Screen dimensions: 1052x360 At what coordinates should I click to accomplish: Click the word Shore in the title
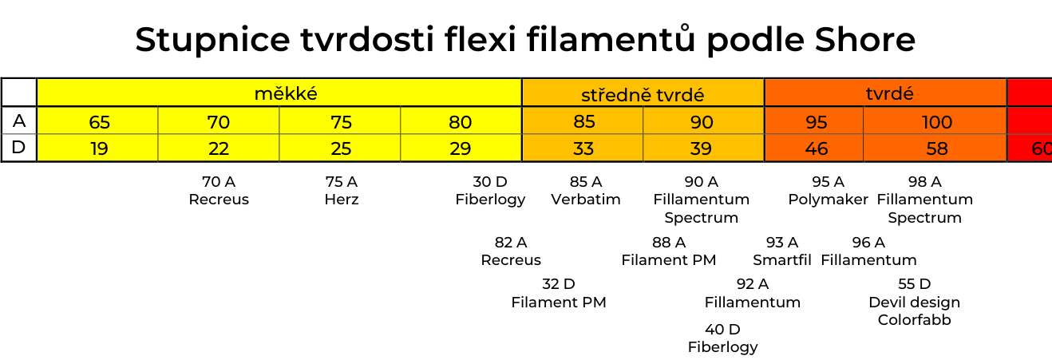pyautogui.click(x=864, y=39)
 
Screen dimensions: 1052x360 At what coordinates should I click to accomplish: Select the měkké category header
pyautogui.click(x=279, y=93)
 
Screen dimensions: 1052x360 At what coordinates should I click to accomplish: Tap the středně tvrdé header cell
pyautogui.click(x=643, y=93)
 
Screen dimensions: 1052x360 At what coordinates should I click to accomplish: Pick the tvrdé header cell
pyautogui.click(x=886, y=93)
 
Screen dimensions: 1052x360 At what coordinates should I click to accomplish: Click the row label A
pyautogui.click(x=19, y=121)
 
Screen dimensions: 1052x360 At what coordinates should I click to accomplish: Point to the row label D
pyautogui.click(x=19, y=148)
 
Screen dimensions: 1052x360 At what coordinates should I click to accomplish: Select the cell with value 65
pyautogui.click(x=97, y=121)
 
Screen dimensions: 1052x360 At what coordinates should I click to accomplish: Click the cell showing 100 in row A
pyautogui.click(x=935, y=121)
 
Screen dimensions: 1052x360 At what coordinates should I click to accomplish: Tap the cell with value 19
pyautogui.click(x=97, y=148)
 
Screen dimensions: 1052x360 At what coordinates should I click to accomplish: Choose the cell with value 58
pyautogui.click(x=935, y=148)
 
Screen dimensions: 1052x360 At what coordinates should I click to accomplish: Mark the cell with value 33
pyautogui.click(x=583, y=148)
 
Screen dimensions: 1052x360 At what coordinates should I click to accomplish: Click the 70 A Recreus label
pyautogui.click(x=219, y=190)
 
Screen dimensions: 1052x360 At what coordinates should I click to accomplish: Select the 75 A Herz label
pyautogui.click(x=342, y=190)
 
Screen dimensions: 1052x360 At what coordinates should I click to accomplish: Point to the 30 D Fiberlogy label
pyautogui.click(x=490, y=191)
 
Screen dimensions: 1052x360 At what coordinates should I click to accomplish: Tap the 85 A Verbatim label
pyautogui.click(x=586, y=190)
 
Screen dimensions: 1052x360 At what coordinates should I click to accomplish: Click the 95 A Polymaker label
pyautogui.click(x=828, y=191)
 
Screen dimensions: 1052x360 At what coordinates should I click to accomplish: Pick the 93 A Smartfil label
pyautogui.click(x=782, y=251)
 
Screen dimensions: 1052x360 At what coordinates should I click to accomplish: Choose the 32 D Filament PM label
pyautogui.click(x=559, y=293)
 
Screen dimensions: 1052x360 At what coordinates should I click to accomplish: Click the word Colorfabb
pyautogui.click(x=914, y=319)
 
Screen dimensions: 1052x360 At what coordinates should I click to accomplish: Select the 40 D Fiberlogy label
pyautogui.click(x=723, y=338)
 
